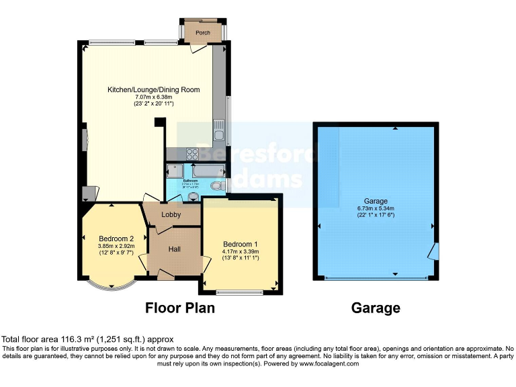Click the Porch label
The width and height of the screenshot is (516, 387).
pyautogui.click(x=202, y=32)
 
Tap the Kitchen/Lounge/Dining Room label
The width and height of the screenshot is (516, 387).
pyautogui.click(x=154, y=89)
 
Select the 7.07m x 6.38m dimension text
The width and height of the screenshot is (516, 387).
pyautogui.click(x=154, y=97)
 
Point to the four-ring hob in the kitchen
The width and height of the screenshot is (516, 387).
pyautogui.click(x=190, y=153)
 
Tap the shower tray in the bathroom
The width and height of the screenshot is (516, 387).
pyautogui.click(x=175, y=171)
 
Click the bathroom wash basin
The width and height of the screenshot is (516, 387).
pyautogui.click(x=193, y=196)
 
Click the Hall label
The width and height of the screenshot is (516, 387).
pyautogui.click(x=175, y=249)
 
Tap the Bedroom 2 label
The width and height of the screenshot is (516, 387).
pyautogui.click(x=116, y=239)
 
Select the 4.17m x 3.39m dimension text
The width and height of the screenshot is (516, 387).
pyautogui.click(x=241, y=252)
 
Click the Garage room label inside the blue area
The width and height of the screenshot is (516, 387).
pyautogui.click(x=376, y=200)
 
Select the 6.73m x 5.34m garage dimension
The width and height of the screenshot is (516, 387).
pyautogui.click(x=376, y=208)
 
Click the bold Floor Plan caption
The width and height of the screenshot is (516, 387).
pyautogui.click(x=180, y=308)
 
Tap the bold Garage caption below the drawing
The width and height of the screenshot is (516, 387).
pyautogui.click(x=376, y=308)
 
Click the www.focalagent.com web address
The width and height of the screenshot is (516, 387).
pyautogui.click(x=325, y=363)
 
